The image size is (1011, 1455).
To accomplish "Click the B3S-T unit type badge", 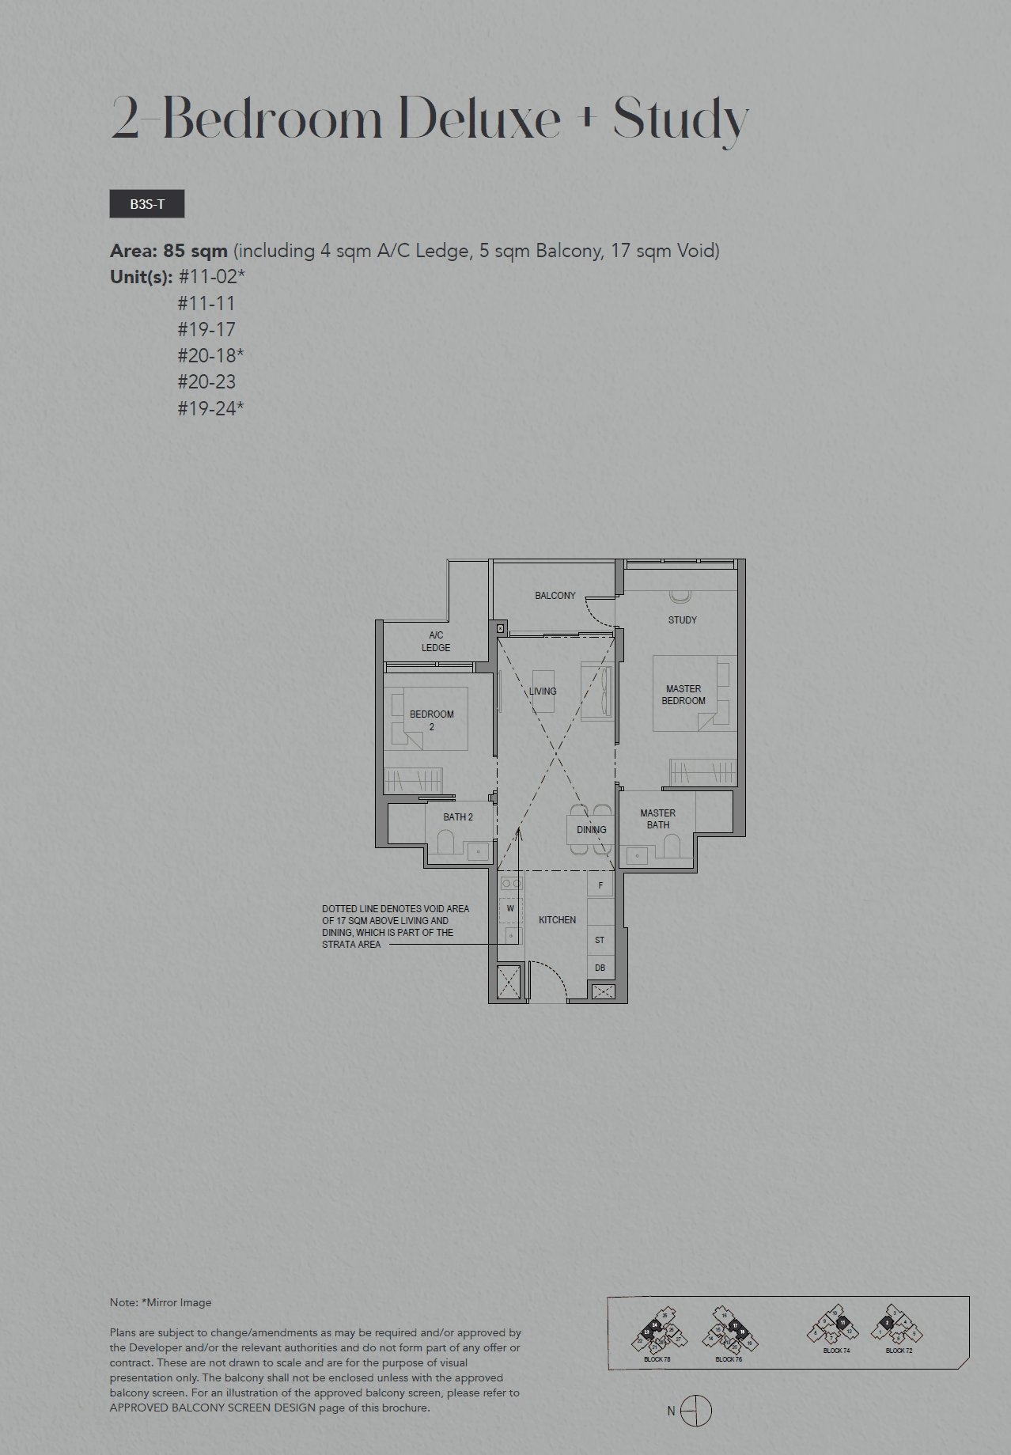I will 147,204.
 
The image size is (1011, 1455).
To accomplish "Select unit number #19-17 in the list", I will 206,329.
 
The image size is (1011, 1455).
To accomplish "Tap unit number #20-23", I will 206,382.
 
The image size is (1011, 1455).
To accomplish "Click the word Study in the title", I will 680,119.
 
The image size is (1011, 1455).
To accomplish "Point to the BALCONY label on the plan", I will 555,596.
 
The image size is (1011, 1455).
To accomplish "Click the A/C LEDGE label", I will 436,642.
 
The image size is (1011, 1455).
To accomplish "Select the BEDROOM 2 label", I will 431,720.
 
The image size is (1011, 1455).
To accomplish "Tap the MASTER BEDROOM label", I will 683,695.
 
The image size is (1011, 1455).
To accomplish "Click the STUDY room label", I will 682,620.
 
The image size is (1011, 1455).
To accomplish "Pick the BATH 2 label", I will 457,817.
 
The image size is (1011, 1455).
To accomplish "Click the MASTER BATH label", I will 657,819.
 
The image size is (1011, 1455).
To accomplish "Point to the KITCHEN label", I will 557,920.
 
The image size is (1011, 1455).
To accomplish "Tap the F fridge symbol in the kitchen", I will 600,885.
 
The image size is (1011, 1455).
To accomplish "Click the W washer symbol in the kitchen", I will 510,908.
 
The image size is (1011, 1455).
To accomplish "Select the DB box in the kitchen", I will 600,968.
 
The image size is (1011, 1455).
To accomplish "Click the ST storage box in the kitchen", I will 600,940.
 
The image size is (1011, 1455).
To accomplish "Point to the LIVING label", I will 543,692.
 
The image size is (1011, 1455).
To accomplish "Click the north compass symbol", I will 695,1411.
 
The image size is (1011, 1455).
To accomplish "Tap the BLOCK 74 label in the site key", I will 836,1351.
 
